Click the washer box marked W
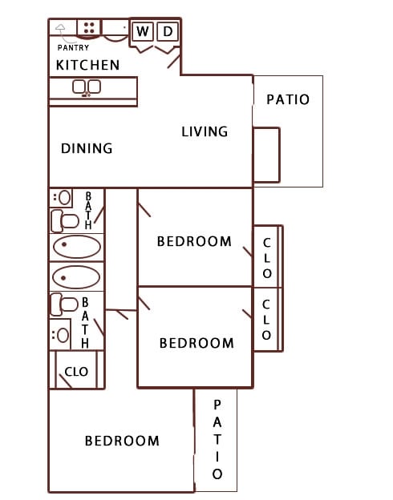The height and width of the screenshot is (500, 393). [x=142, y=31]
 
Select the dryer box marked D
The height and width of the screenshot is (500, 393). [x=168, y=31]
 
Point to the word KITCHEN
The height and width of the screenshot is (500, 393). [x=87, y=65]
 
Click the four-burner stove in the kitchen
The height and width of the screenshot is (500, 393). [x=90, y=28]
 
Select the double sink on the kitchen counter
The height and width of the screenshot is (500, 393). [x=86, y=87]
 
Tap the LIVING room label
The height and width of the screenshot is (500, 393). [x=205, y=131]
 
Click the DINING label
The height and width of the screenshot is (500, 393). [x=87, y=148]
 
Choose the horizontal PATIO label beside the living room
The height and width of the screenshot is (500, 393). [x=287, y=100]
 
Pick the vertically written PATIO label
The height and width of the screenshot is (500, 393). [x=217, y=440]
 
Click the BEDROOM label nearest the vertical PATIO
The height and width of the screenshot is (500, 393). [x=122, y=441]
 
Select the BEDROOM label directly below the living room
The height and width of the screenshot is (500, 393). [x=194, y=241]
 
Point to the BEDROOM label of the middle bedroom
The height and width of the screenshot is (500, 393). [x=196, y=343]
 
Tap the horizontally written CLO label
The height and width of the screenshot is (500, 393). [x=76, y=372]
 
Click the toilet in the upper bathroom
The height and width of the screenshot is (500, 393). [x=64, y=219]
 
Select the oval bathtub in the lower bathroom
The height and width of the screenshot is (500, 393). [x=76, y=277]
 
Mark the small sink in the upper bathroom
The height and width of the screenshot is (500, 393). [x=62, y=196]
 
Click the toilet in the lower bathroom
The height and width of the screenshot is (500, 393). [x=63, y=304]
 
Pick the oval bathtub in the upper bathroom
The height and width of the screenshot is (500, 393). [x=76, y=246]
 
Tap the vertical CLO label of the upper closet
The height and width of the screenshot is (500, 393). [x=267, y=257]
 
